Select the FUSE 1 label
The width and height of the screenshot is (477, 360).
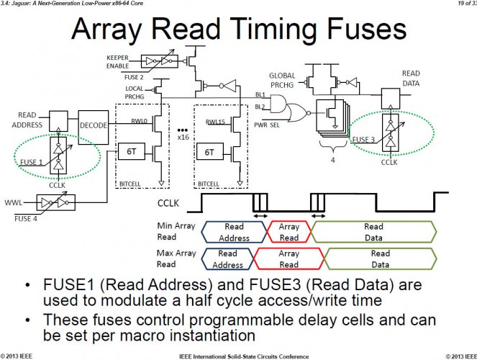tap(32, 162)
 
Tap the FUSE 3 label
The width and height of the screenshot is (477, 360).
tap(363, 140)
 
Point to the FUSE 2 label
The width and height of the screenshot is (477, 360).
tap(134, 77)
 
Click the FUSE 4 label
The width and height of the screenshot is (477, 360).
tap(26, 218)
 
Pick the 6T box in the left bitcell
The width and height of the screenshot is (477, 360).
tap(132, 151)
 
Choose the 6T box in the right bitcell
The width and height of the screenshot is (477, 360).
tap(209, 152)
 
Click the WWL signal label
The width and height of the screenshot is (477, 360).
tap(14, 202)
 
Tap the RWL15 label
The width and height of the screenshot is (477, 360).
tap(215, 122)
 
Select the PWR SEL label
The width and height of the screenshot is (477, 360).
tap(266, 125)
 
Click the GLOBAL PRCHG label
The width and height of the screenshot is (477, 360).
tap(282, 81)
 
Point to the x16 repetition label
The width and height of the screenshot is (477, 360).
tap(183, 137)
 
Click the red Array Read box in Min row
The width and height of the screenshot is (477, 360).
tap(289, 232)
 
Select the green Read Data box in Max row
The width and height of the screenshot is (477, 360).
tap(381, 258)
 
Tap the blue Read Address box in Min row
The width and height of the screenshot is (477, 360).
tap(234, 232)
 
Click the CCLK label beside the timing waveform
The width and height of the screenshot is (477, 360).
tap(168, 203)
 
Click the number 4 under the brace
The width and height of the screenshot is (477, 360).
tap(333, 160)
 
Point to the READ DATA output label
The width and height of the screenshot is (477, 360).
tap(411, 78)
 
